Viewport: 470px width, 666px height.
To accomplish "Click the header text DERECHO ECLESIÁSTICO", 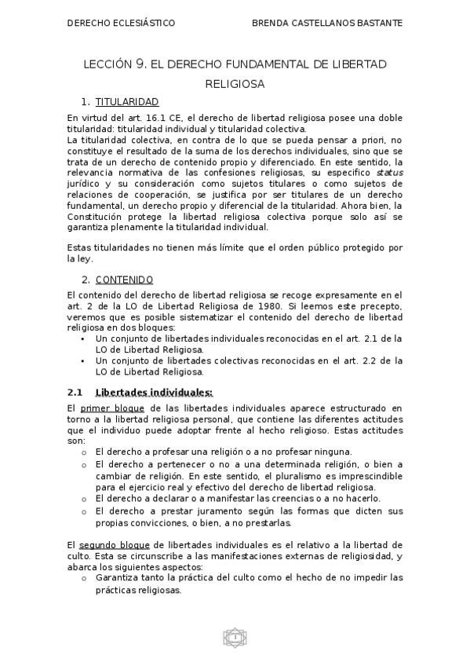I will click(121, 23).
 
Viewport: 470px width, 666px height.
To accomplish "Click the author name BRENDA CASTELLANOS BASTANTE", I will click(327, 23).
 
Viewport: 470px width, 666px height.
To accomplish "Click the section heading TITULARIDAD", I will click(127, 102).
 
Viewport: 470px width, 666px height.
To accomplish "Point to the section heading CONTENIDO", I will click(124, 280).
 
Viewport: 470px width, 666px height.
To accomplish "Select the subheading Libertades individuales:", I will click(154, 392).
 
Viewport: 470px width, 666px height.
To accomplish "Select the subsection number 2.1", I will click(75, 392).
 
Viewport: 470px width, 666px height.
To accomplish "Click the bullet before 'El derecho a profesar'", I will click(84, 452).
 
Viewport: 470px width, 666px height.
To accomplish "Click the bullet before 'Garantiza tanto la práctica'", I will click(84, 578).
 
